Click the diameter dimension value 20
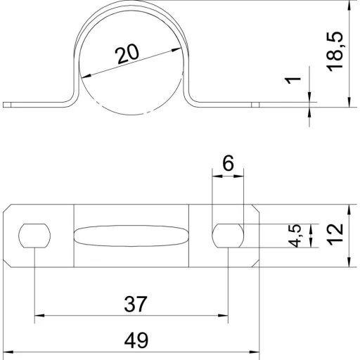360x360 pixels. (x=127, y=54)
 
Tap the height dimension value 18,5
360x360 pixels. (x=335, y=51)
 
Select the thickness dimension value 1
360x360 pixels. (x=292, y=80)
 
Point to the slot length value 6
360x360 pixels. (x=228, y=163)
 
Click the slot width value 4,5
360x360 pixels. (x=295, y=236)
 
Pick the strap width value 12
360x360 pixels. (x=335, y=234)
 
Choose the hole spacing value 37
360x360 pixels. (x=136, y=304)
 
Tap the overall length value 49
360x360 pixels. (x=136, y=340)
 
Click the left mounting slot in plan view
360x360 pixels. (x=34, y=236)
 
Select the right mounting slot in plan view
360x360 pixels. (x=228, y=236)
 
